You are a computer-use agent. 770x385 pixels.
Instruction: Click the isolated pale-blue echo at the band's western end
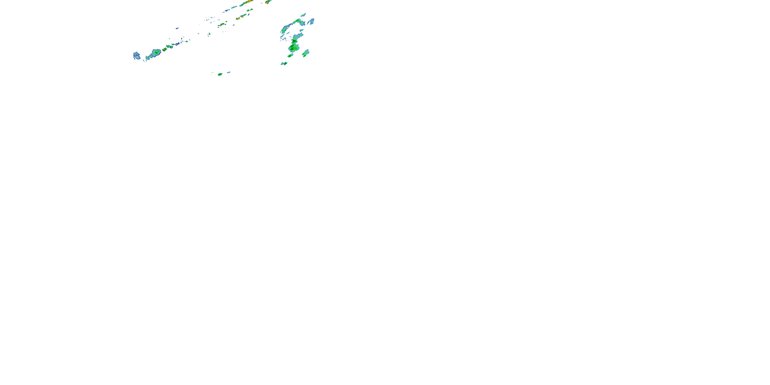pyautogui.click(x=137, y=56)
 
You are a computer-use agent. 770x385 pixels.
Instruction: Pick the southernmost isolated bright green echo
pyautogui.click(x=220, y=74)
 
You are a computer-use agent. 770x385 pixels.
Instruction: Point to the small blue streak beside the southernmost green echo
pyautogui.click(x=228, y=72)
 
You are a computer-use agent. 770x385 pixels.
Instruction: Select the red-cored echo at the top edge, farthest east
pyautogui.click(x=267, y=2)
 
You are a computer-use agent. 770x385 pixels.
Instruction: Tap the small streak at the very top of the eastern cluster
pyautogui.click(x=303, y=14)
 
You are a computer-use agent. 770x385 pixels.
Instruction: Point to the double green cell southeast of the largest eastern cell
pyautogui.click(x=305, y=53)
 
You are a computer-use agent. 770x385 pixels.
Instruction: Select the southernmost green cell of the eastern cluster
pyautogui.click(x=284, y=63)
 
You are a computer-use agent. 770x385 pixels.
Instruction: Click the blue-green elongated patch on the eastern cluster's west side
pyautogui.click(x=285, y=29)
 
